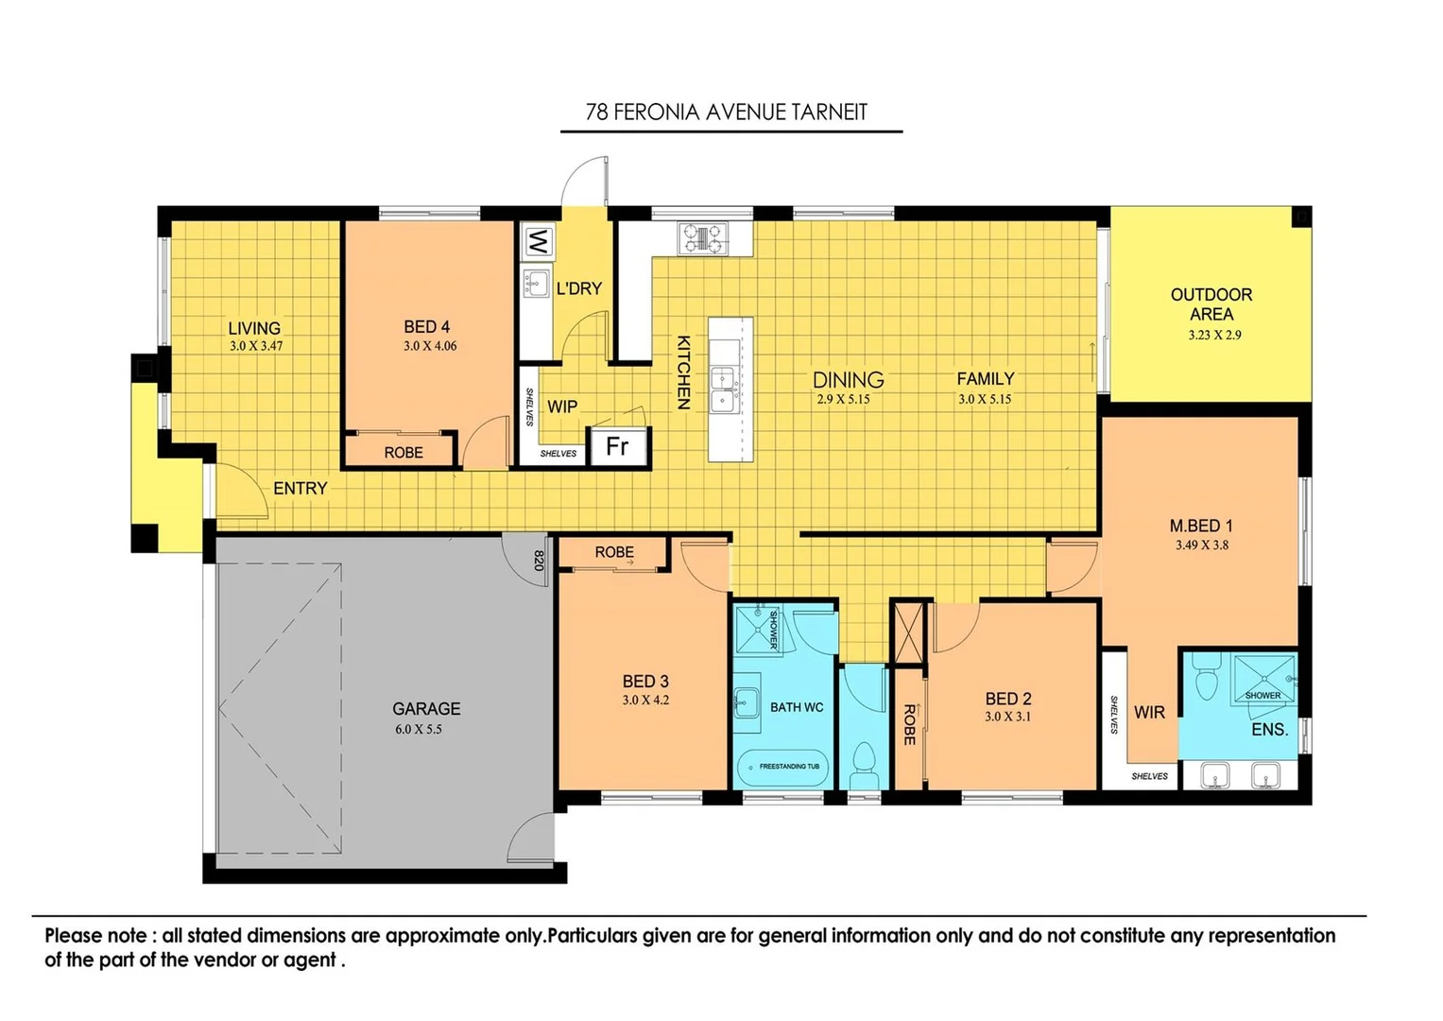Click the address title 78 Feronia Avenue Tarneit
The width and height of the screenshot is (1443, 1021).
point(726,112)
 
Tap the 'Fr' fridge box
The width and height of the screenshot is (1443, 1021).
point(618,446)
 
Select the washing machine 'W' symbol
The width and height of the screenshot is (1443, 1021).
point(537,242)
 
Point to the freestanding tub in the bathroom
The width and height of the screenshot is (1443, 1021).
point(782,768)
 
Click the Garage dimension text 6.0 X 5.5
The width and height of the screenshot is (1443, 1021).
point(419,729)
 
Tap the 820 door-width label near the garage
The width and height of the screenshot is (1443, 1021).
point(539,561)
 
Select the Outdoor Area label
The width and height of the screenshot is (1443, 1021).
point(1211,303)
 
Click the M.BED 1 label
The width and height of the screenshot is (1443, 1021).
point(1201,526)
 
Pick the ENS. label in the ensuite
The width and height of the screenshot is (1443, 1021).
point(1269,730)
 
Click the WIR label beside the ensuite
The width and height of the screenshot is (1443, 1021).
point(1149,712)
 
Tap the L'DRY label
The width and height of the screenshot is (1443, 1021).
point(578,288)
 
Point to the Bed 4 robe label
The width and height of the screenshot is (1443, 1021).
point(404,453)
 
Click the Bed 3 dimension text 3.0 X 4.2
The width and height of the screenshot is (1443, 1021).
point(645,701)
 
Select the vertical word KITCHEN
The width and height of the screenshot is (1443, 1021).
point(682,372)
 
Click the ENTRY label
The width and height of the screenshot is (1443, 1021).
point(300,489)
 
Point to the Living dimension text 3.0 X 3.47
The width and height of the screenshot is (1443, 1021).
point(256,346)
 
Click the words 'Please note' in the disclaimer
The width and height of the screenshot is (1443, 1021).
point(95,936)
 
